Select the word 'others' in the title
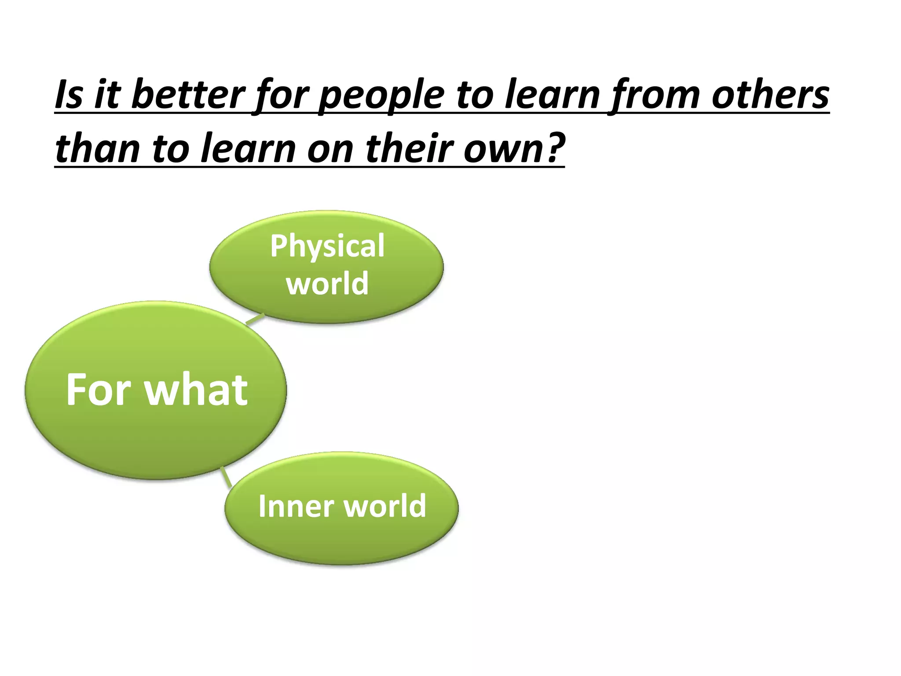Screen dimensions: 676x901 pyautogui.click(x=770, y=95)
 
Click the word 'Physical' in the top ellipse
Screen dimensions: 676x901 pyautogui.click(x=327, y=246)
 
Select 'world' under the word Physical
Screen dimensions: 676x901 pyautogui.click(x=327, y=284)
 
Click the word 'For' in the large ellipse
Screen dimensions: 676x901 pyautogui.click(x=99, y=389)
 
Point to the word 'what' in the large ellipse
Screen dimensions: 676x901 pyautogui.click(x=197, y=389)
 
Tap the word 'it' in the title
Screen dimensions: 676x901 pyautogui.click(x=107, y=95)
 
